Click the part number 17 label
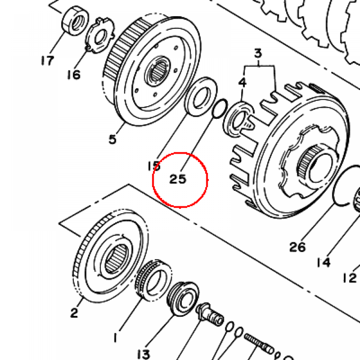click(47, 60)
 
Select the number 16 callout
click(74, 75)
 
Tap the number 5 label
click(112, 139)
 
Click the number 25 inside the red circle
click(178, 179)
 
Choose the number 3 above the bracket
click(258, 53)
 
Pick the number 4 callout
click(242, 82)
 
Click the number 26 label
click(297, 247)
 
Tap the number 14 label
click(323, 262)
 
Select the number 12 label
click(350, 278)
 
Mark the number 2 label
click(74, 313)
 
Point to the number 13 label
click(144, 354)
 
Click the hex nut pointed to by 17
click(75, 21)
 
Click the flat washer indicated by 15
click(201, 97)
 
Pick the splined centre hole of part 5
click(158, 71)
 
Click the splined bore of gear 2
click(117, 258)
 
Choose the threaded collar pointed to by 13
click(183, 298)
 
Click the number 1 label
click(115, 338)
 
